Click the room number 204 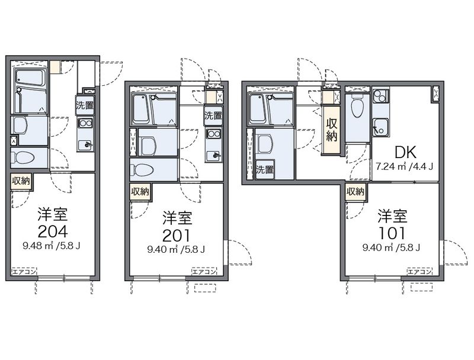pyautogui.click(x=53, y=232)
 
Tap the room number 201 pyautogui.click(x=176, y=236)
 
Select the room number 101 pyautogui.click(x=392, y=233)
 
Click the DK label pyautogui.click(x=406, y=153)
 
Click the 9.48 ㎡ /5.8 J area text pyautogui.click(x=52, y=246)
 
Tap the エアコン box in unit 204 pyautogui.click(x=24, y=272)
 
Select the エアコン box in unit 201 pyautogui.click(x=204, y=272)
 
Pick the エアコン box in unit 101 pyautogui.click(x=419, y=272)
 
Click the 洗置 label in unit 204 pyautogui.click(x=85, y=105)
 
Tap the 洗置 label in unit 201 pyautogui.click(x=213, y=115)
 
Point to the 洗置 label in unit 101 pyautogui.click(x=265, y=170)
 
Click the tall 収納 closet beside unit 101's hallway pyautogui.click(x=331, y=130)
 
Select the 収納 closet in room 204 pyautogui.click(x=21, y=181)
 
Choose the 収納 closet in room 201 pyautogui.click(x=140, y=191)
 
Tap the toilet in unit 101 pyautogui.click(x=357, y=107)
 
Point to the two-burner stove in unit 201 pyautogui.click(x=213, y=133)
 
